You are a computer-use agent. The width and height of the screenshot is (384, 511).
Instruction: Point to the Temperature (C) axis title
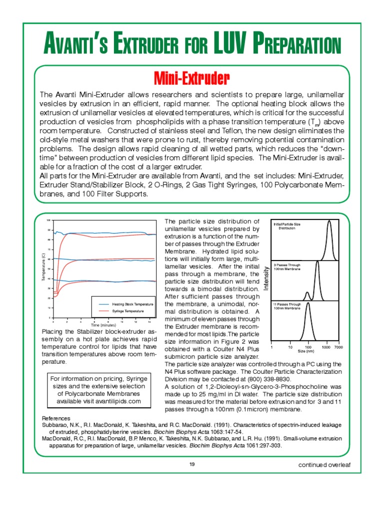pos(43,269)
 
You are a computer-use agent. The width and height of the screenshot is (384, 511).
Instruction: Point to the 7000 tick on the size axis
pos(338,346)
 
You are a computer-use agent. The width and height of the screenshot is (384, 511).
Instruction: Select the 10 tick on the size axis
pos(290,346)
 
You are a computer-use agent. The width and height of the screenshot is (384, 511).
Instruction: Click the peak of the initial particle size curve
pos(329,222)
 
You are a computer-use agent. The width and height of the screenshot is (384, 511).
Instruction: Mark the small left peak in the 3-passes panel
pos(307,293)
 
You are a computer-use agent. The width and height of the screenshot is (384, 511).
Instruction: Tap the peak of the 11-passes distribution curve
pos(308,304)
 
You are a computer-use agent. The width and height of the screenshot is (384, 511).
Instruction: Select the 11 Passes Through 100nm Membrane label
pos(287,306)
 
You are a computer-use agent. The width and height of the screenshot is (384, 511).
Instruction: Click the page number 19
pos(192,465)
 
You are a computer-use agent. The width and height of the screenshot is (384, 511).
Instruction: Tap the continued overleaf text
pos(324,465)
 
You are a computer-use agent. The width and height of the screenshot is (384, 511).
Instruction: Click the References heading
pos(56,418)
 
